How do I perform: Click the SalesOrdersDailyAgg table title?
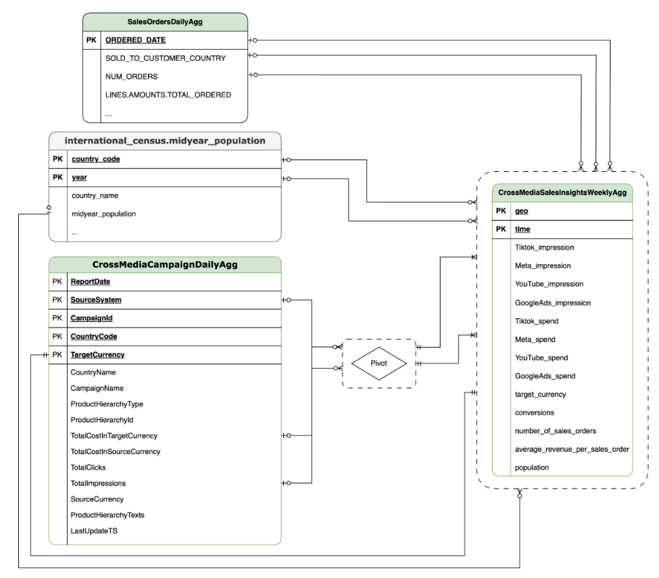click(164, 22)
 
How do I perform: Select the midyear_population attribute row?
click(105, 214)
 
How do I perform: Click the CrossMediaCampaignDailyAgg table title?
click(164, 265)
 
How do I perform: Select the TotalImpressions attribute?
click(100, 483)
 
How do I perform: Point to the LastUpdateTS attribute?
click(95, 531)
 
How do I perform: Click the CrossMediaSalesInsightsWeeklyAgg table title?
click(562, 193)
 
